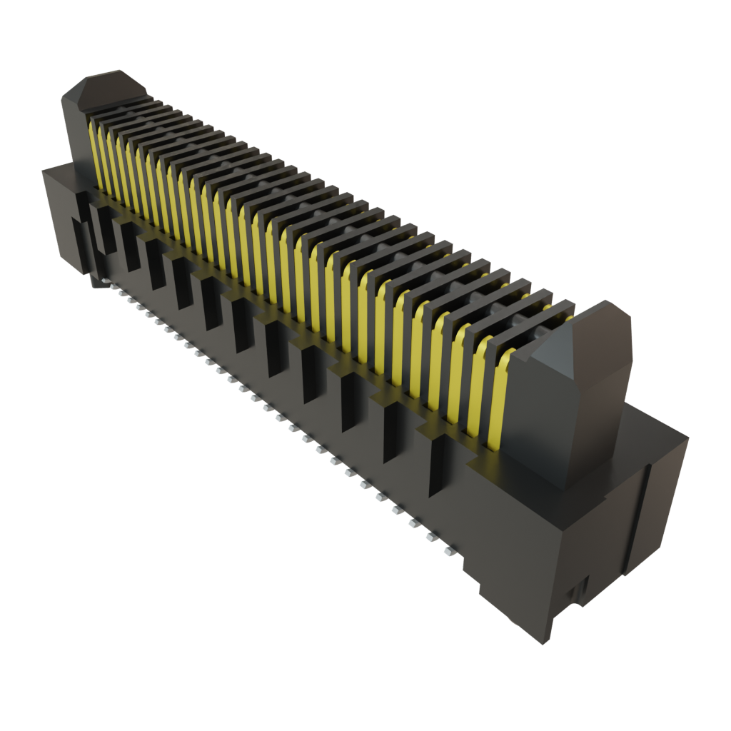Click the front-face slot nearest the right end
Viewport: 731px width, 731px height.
pos(437,464)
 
